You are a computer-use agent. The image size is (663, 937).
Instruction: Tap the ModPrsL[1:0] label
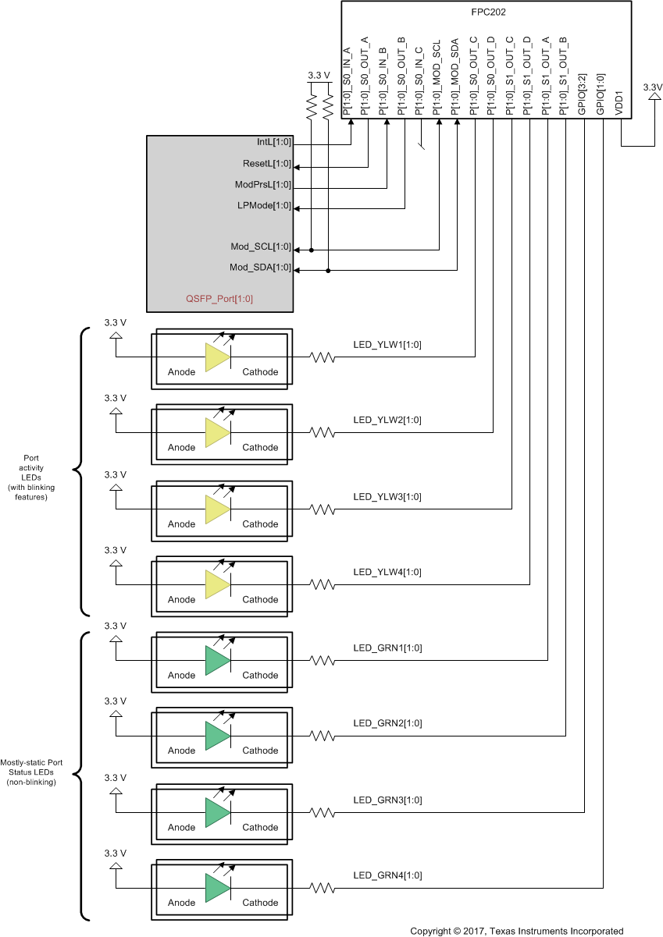[x=262, y=185]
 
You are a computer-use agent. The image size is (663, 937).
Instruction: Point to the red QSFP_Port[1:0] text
[x=219, y=299]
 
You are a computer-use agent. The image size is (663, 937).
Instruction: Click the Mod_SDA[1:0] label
[x=260, y=268]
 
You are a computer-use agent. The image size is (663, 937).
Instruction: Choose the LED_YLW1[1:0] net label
[x=387, y=344]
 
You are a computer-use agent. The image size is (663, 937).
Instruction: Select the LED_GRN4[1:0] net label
[x=387, y=875]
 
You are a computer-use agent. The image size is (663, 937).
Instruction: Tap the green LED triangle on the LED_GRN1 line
[x=216, y=661]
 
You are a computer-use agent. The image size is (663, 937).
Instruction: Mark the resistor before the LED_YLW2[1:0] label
[x=323, y=432]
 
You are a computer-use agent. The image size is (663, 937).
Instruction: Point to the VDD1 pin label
[x=619, y=105]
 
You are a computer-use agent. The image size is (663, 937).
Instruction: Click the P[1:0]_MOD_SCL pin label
[x=438, y=79]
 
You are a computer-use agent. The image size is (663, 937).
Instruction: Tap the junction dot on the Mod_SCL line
[x=312, y=250]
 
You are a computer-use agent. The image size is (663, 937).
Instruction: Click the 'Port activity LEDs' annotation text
[x=32, y=477]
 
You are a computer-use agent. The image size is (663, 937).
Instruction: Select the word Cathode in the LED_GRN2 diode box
[x=260, y=751]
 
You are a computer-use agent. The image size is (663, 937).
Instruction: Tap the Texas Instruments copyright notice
[x=517, y=931]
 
